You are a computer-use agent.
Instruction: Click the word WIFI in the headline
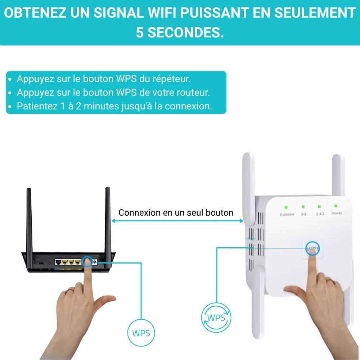click(x=162, y=13)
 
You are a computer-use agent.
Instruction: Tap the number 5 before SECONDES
click(x=140, y=32)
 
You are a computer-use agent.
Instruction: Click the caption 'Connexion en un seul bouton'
click(x=176, y=213)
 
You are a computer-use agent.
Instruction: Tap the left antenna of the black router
click(x=30, y=220)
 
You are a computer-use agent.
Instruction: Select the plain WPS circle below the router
click(x=141, y=333)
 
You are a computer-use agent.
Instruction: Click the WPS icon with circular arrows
click(x=216, y=318)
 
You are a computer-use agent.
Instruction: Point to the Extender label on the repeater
click(x=287, y=215)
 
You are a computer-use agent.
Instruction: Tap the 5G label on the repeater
click(x=303, y=214)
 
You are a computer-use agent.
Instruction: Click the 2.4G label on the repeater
click(x=320, y=214)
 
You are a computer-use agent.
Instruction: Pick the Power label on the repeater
click(x=337, y=213)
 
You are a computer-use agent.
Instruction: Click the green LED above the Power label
click(x=336, y=206)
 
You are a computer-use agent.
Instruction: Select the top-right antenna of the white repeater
click(x=338, y=175)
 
